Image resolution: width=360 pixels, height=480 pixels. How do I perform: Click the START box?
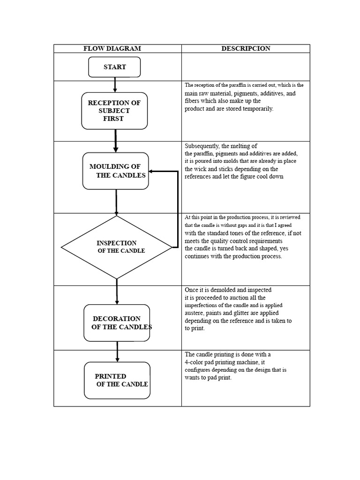click(x=114, y=67)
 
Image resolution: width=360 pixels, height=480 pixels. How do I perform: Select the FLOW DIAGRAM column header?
click(x=112, y=48)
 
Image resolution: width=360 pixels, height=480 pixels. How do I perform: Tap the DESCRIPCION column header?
click(x=246, y=48)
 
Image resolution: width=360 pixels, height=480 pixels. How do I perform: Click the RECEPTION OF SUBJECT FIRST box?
click(x=114, y=111)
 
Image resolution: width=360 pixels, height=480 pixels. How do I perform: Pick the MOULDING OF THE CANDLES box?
click(x=116, y=171)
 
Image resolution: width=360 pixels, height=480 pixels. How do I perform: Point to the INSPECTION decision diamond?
click(x=117, y=247)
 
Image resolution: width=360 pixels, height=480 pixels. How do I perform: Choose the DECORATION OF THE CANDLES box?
click(x=117, y=323)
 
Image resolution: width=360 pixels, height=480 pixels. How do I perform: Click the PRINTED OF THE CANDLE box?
click(x=117, y=380)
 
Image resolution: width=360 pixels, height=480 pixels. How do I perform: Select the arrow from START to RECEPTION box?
click(x=115, y=85)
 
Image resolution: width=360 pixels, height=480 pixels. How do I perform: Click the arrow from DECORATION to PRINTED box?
click(x=117, y=352)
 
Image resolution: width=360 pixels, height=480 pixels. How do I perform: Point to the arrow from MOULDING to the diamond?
click(x=116, y=202)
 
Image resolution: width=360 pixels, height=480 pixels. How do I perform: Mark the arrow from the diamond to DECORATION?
click(x=117, y=292)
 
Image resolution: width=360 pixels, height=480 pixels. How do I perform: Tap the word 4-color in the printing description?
click(x=196, y=362)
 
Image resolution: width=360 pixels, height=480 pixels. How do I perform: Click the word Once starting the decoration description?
click(x=192, y=290)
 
